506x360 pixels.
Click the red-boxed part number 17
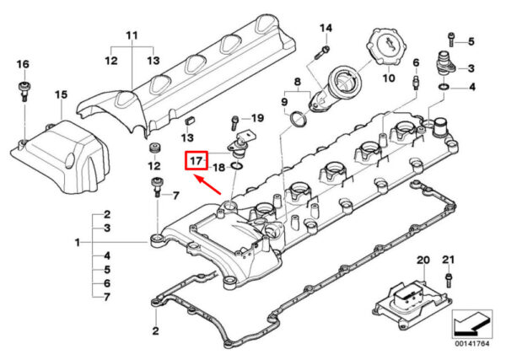point(196,159)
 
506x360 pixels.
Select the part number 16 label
point(22,65)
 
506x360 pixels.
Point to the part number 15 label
point(60,94)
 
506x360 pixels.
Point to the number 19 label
point(258,117)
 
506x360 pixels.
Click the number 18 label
point(218,168)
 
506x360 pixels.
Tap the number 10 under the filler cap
point(388,78)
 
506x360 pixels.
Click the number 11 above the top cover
point(131,35)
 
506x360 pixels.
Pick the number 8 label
point(296,82)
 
